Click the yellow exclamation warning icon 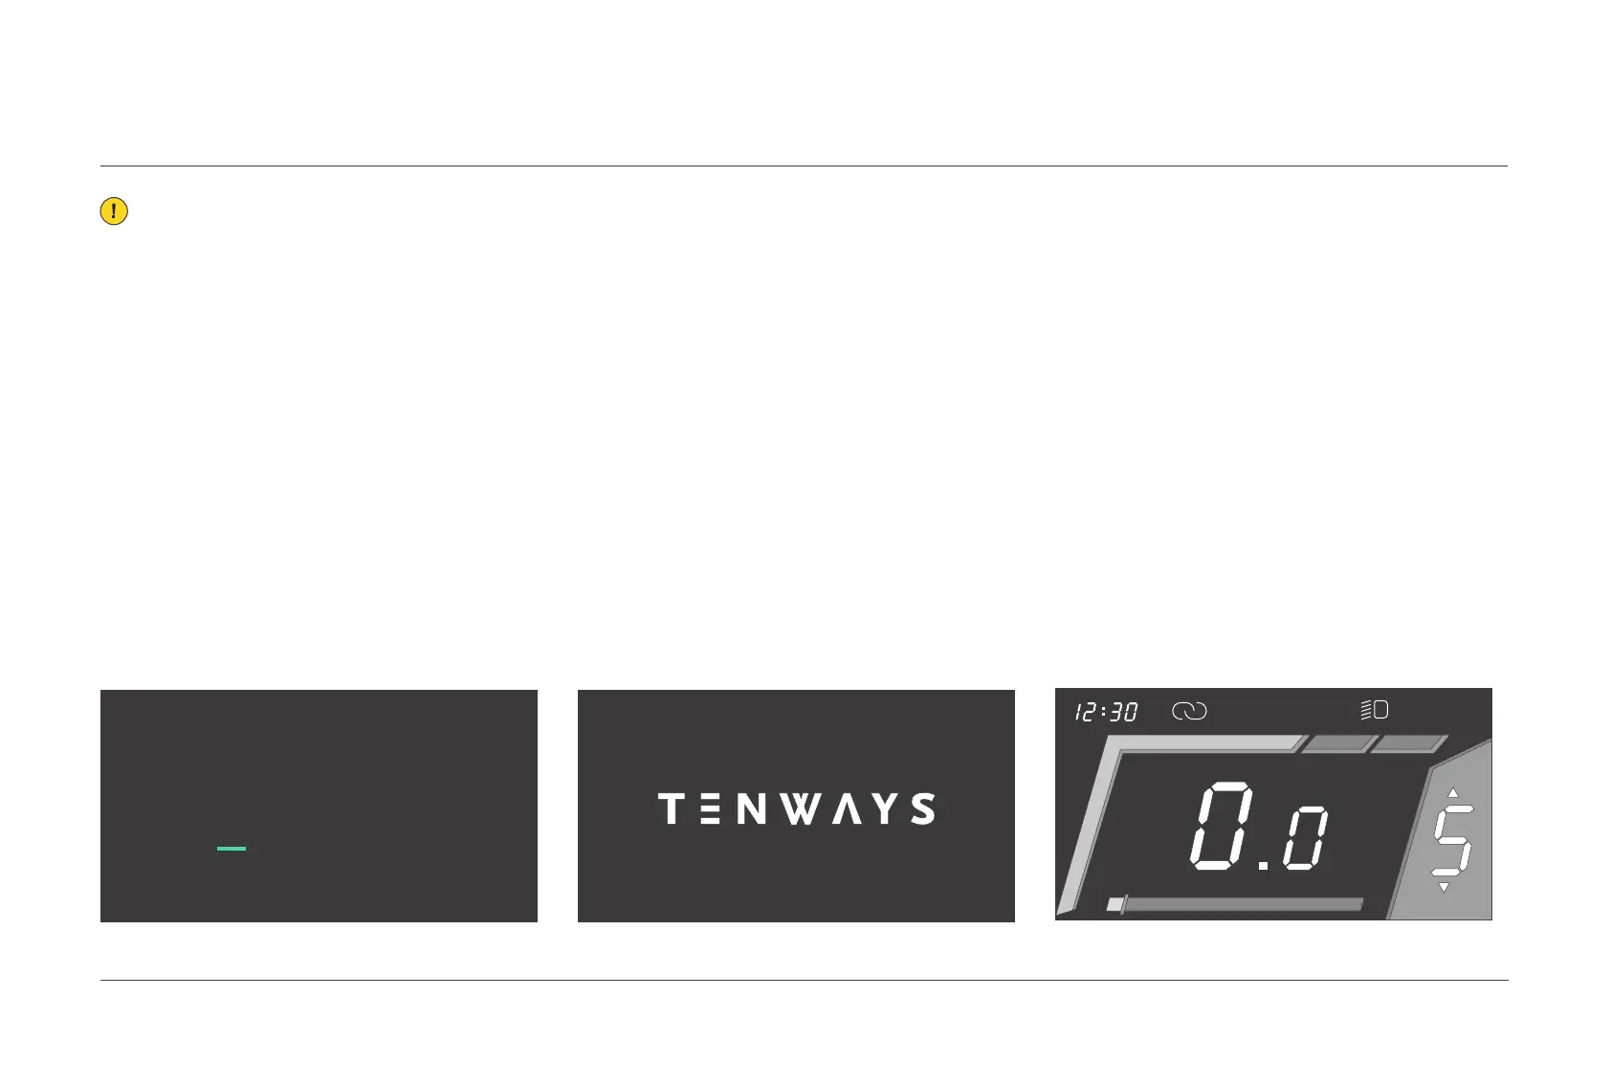[x=114, y=211]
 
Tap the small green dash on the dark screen [x=232, y=849]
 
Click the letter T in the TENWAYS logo [x=672, y=808]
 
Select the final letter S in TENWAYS [x=922, y=808]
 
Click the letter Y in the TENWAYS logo [x=886, y=808]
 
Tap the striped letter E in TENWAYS [x=712, y=808]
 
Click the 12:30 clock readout [x=1106, y=712]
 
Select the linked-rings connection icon [x=1189, y=711]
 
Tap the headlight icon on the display [x=1375, y=710]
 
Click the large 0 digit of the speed [x=1222, y=826]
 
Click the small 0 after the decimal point [x=1306, y=839]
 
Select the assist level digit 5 [x=1451, y=841]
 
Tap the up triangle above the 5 [x=1453, y=792]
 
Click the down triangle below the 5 [x=1444, y=888]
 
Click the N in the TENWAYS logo [x=752, y=808]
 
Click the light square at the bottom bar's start [x=1114, y=904]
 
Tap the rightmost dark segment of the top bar [x=1409, y=744]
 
